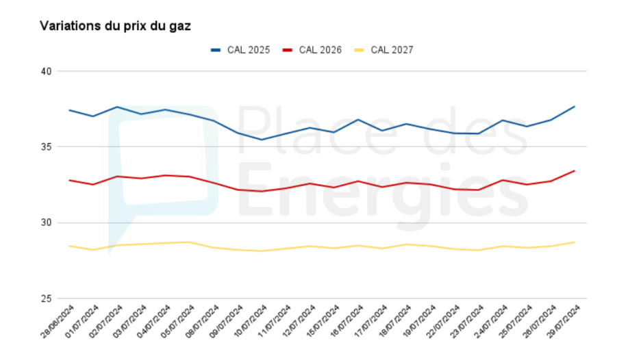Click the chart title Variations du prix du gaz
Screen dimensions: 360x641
(115, 26)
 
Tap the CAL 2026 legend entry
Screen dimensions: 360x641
(319, 50)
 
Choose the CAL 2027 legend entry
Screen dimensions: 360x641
(391, 50)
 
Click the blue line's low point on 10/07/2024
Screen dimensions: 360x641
(261, 140)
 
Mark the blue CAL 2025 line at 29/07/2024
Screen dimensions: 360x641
(574, 107)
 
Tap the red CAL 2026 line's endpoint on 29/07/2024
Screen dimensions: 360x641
(574, 171)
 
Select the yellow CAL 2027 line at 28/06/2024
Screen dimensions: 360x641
(69, 246)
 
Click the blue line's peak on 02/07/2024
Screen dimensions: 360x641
(117, 107)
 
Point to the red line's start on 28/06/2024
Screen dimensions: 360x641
(69, 180)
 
